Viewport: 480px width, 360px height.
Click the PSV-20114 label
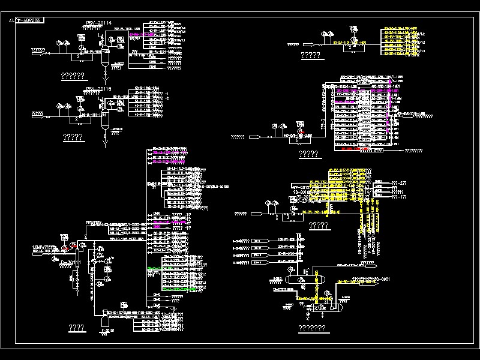pos(98,23)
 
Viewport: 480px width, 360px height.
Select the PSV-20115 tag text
pos(98,89)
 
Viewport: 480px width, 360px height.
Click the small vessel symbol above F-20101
pos(106,312)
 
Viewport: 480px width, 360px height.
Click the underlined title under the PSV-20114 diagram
pos(73,76)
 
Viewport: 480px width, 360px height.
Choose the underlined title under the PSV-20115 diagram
pos(73,137)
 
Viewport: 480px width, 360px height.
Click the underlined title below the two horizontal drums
pos(312,328)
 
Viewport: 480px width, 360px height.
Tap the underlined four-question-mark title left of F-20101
pos(76,328)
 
